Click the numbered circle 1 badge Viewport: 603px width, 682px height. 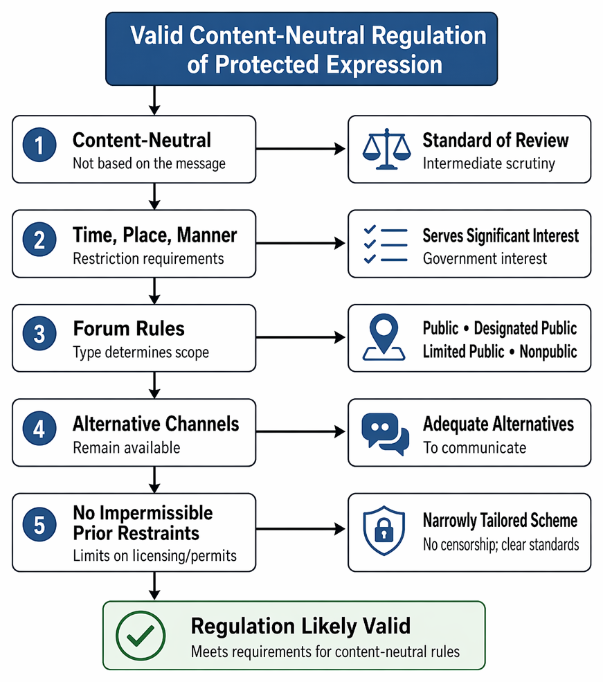point(39,145)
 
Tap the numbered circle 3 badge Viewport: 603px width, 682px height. point(39,334)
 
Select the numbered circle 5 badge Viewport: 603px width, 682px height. point(39,524)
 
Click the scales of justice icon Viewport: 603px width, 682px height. point(386,149)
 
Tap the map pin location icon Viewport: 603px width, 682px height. point(384,337)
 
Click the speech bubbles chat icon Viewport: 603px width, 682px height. point(385,433)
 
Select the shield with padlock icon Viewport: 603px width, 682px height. point(384,530)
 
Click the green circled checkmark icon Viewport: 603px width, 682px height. point(141,636)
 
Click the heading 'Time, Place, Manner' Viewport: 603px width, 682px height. point(155,235)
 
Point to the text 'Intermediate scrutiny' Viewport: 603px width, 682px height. point(489,163)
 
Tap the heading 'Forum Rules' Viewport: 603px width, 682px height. point(129,328)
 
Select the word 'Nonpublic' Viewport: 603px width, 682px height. point(548,352)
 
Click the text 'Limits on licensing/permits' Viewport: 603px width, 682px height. point(155,556)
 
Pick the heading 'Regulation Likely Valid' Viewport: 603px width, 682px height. point(300,626)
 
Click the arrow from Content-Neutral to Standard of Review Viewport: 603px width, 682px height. point(300,149)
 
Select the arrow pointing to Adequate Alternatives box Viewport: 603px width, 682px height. point(300,431)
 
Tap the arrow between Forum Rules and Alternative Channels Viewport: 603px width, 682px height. point(154,385)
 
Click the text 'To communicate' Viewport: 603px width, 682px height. point(475,447)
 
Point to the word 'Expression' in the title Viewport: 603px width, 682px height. point(384,64)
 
